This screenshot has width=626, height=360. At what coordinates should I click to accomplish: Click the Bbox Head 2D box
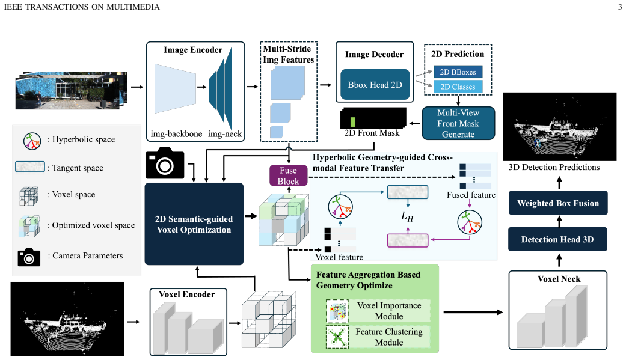[375, 85]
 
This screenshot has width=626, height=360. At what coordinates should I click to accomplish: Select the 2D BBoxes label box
[458, 72]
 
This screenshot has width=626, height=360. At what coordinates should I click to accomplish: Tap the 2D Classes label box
[458, 87]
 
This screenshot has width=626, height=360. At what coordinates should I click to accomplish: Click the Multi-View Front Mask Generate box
[458, 123]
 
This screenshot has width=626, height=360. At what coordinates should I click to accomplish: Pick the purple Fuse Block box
[288, 175]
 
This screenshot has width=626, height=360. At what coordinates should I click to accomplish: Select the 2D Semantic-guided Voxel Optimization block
[194, 224]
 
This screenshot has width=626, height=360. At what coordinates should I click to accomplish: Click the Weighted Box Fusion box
[558, 203]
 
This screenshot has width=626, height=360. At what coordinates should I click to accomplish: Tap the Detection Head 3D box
[557, 239]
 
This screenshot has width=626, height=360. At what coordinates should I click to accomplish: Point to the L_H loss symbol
[407, 217]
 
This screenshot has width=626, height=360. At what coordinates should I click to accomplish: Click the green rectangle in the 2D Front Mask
[353, 122]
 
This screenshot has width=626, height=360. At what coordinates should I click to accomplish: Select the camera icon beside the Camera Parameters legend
[29, 257]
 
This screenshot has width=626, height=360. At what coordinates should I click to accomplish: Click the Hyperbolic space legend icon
[32, 141]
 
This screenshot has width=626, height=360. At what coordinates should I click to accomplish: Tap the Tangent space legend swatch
[30, 167]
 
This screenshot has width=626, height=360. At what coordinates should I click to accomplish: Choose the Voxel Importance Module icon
[337, 311]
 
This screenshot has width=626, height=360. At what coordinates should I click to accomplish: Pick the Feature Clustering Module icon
[337, 337]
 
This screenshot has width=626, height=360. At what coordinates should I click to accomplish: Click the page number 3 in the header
[620, 7]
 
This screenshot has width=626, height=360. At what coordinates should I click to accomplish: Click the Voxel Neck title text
[559, 279]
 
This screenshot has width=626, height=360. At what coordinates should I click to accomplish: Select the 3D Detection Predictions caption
[554, 167]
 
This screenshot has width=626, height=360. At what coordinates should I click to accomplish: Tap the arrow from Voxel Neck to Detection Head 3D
[559, 261]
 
